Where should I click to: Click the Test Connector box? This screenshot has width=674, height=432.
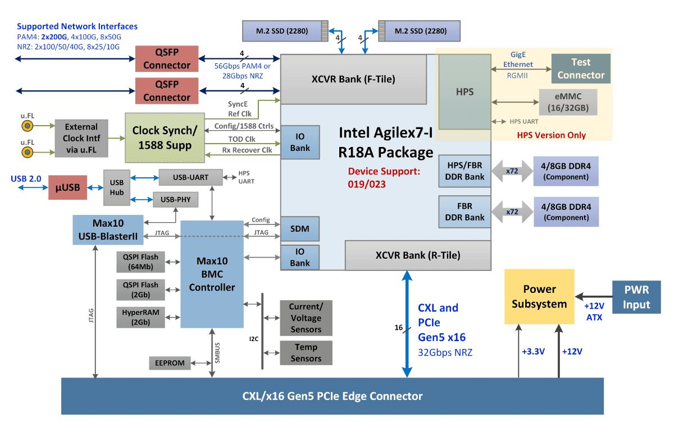581,68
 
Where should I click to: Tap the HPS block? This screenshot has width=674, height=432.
465,92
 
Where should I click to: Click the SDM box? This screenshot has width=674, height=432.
300,229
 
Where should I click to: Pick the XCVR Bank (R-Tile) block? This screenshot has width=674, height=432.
418,255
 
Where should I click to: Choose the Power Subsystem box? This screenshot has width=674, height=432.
539,296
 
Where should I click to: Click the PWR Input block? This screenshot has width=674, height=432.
636,297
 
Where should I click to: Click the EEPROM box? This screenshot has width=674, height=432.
170,363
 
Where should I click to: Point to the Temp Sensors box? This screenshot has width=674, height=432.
306,353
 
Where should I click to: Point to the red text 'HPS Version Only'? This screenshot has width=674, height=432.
551,135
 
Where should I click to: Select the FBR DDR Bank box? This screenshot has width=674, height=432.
464,212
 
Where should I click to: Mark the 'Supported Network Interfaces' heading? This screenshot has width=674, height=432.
77,26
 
